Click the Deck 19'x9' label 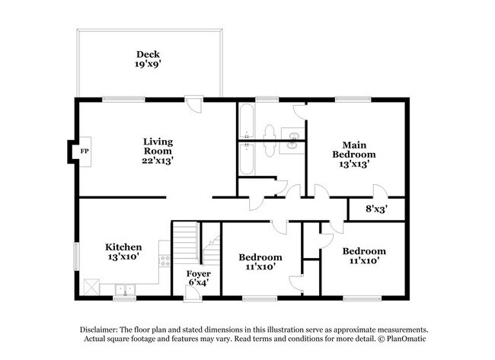click(147, 59)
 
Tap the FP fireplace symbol click(85, 151)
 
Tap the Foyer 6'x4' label click(200, 279)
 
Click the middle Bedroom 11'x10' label click(260, 263)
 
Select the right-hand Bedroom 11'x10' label click(363, 256)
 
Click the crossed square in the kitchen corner click(91, 288)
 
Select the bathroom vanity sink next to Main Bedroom click(292, 140)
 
